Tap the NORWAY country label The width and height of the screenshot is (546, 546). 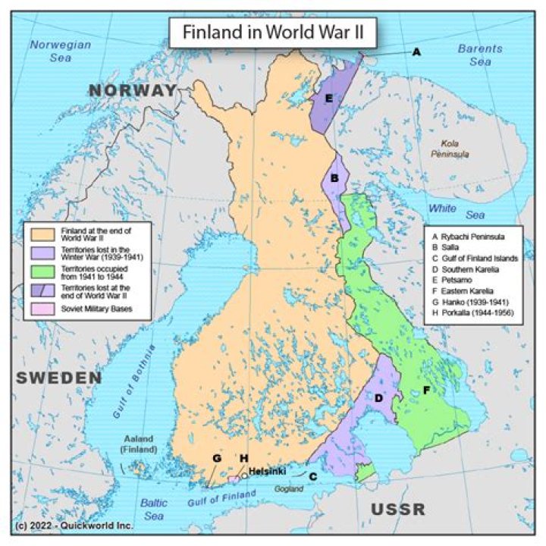pos(132,91)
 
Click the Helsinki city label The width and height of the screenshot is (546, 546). pos(267,471)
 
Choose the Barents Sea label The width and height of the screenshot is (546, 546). pos(479,55)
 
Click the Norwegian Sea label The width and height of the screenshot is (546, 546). pos(60,51)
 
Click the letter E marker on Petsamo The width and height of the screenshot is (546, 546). pos(328,99)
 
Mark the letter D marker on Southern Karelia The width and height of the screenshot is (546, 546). pos(378,397)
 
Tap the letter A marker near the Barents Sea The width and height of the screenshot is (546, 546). pos(416,52)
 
